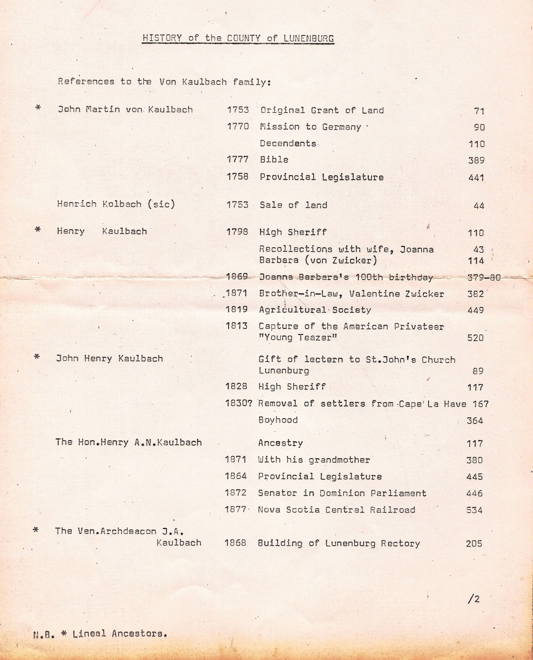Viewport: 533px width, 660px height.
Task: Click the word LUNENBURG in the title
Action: pos(309,38)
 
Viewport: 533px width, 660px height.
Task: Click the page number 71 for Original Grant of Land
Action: pos(479,111)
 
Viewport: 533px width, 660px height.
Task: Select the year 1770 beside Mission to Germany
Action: pos(238,126)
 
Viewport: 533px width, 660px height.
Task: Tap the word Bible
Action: pos(274,159)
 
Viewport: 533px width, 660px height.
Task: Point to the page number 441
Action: pos(476,177)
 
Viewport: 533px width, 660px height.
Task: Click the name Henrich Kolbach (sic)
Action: pos(116,204)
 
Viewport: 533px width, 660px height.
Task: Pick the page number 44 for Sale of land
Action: pos(479,206)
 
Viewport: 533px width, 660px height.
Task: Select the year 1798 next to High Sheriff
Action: pos(237,232)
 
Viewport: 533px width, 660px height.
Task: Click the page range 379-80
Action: pos(484,277)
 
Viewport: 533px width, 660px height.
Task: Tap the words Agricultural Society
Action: pos(315,310)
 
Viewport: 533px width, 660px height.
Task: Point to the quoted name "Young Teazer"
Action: pos(298,337)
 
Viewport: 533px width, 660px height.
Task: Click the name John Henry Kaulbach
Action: pos(109,359)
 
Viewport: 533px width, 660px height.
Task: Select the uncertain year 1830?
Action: pos(238,404)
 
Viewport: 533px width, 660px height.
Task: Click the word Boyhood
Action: pos(278,420)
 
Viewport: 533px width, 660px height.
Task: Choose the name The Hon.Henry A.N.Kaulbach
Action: pos(128,443)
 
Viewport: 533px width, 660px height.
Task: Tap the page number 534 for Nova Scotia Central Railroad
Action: pos(474,510)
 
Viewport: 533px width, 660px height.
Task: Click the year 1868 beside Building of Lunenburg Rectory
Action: pos(235,543)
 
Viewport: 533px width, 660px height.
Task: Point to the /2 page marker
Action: pos(474,599)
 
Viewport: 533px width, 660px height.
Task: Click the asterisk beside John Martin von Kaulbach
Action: pos(38,108)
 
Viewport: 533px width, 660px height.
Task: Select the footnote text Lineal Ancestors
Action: pos(119,634)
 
